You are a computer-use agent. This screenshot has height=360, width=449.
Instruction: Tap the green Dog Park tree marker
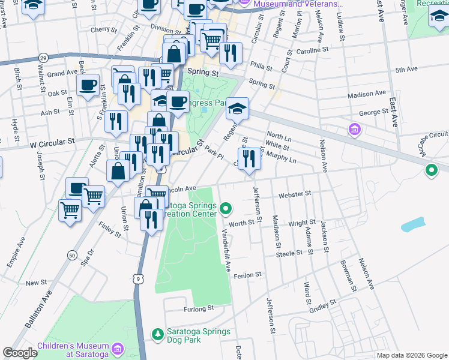click(157, 334)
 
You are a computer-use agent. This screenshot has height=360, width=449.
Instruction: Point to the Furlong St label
click(198, 308)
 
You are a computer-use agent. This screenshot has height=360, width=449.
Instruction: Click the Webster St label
click(295, 194)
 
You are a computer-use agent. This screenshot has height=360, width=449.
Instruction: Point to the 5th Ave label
click(406, 70)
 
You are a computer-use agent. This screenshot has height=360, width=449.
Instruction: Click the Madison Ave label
click(366, 94)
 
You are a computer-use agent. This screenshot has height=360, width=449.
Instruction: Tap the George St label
click(373, 112)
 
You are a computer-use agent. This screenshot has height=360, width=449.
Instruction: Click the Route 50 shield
click(72, 255)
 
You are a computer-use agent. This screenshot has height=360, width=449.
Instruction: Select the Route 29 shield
click(43, 58)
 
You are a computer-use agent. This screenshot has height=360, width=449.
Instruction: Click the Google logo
click(20, 353)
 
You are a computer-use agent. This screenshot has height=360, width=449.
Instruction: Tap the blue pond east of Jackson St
click(412, 225)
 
